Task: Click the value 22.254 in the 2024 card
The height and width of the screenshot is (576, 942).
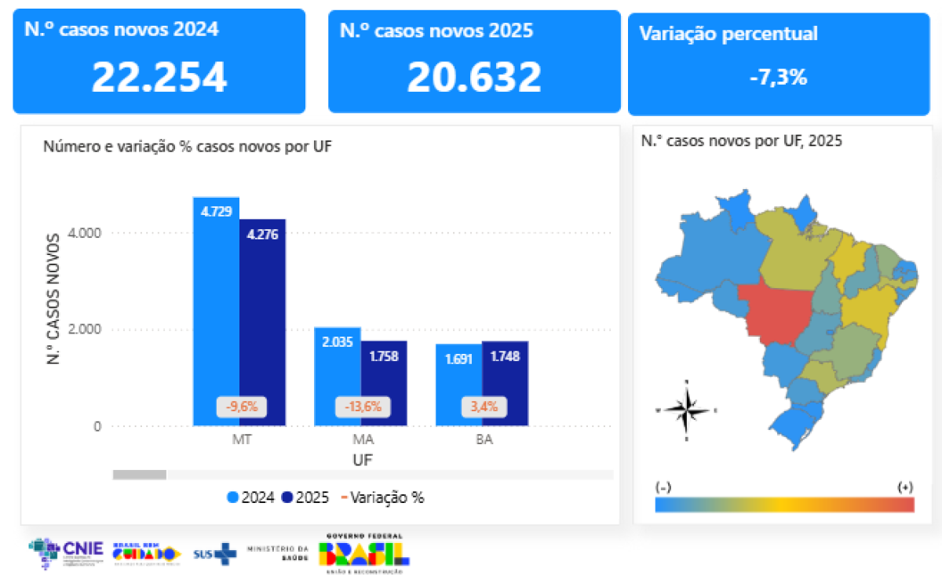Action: tap(159, 77)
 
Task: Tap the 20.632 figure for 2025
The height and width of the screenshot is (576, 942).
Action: tap(474, 77)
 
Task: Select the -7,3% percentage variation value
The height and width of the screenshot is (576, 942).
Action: tap(778, 77)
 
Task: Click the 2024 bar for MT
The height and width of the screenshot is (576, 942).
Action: tap(216, 314)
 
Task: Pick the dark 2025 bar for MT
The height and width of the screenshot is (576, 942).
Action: tap(263, 322)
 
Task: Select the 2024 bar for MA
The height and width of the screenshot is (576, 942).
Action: tap(338, 377)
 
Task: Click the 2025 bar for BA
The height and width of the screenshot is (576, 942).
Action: tap(505, 385)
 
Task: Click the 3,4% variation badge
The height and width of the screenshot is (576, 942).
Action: tap(484, 407)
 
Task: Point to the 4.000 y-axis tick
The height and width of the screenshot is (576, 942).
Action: tap(86, 233)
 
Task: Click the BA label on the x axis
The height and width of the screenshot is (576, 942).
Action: tap(484, 440)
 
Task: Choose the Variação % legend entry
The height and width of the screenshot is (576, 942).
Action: tap(383, 498)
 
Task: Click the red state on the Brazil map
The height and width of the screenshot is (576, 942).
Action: tap(773, 314)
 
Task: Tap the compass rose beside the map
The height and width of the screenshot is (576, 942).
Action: tap(687, 409)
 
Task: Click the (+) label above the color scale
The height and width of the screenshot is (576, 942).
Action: tap(905, 487)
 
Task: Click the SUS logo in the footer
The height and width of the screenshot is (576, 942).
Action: tap(214, 552)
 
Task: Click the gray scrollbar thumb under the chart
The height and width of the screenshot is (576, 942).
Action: tap(140, 474)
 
